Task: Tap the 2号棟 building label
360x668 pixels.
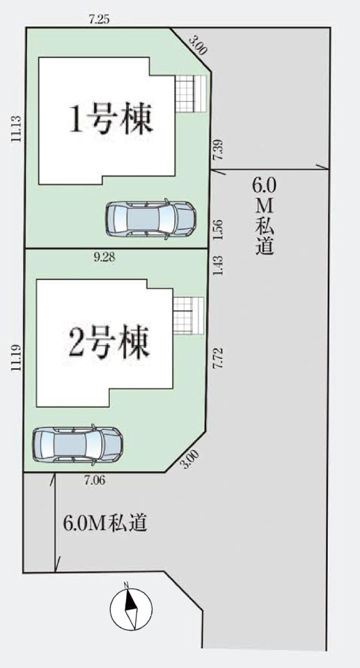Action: (109, 342)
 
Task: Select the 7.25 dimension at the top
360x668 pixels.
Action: (99, 19)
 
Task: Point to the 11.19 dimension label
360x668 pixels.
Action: (16, 359)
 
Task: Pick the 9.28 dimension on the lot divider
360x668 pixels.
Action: (104, 257)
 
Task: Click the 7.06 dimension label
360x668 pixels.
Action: (95, 481)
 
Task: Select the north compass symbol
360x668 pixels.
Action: (131, 609)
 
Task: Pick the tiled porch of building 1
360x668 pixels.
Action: (191, 94)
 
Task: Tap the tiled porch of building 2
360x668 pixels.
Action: (189, 316)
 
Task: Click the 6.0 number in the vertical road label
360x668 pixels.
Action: (265, 186)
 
